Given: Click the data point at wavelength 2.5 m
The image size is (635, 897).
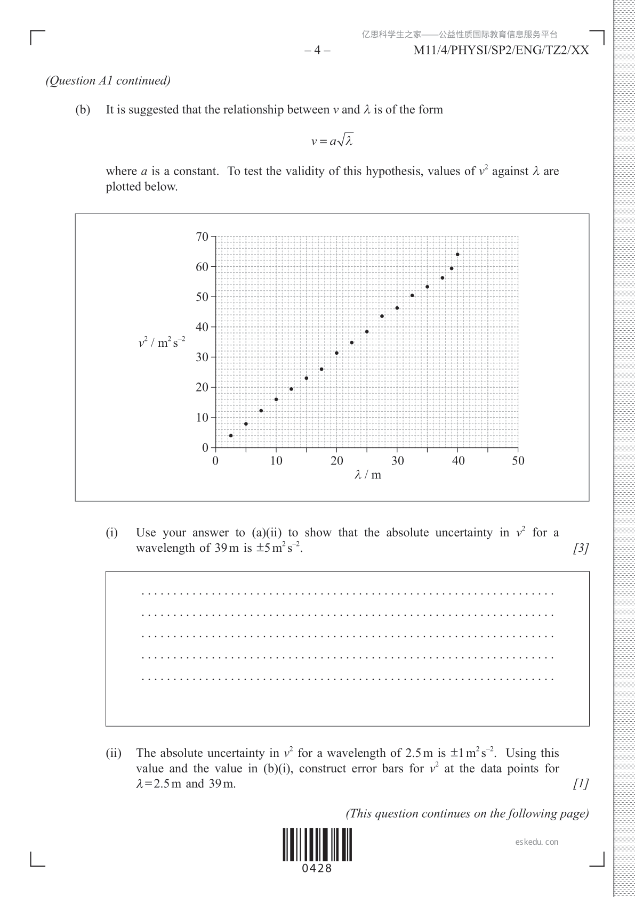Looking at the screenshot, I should click(x=231, y=436).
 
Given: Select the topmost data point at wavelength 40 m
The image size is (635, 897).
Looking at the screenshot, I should click(x=457, y=255).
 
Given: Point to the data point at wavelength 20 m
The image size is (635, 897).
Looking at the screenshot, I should click(x=336, y=353).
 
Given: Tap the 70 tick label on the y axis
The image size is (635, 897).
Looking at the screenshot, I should click(x=202, y=237).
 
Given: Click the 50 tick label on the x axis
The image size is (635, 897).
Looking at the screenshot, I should click(x=518, y=461).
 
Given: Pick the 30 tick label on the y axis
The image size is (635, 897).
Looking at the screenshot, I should click(x=202, y=357).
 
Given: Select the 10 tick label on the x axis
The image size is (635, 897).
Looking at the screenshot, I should click(x=276, y=461).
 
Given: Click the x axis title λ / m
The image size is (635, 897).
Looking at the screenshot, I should click(x=368, y=475).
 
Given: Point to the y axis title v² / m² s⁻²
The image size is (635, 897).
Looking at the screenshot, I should click(x=162, y=342).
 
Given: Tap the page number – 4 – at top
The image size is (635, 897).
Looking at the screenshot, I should click(x=317, y=51).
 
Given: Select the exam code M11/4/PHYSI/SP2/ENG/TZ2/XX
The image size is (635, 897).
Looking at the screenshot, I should click(x=501, y=51).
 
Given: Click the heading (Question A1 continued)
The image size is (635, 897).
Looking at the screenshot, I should click(x=108, y=80).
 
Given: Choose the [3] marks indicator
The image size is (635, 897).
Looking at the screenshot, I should click(x=581, y=548).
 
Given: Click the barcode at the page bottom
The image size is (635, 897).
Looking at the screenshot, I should click(x=317, y=844).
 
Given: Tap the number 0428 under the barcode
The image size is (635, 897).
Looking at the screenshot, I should click(x=317, y=868).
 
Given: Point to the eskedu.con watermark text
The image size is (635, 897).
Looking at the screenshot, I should click(x=537, y=842).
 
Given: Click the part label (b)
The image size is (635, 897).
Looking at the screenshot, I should click(x=83, y=110).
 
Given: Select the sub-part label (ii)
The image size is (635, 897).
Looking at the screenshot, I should click(x=113, y=753).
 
